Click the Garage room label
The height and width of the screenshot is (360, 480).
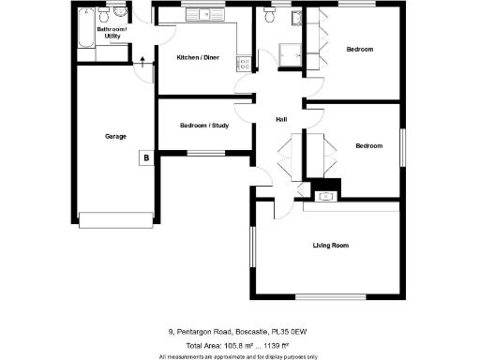click(115, 136)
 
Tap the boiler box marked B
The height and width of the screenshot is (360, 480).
click(146, 158)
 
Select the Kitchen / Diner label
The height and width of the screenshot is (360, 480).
click(199, 58)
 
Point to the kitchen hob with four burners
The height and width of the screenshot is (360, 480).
click(245, 64)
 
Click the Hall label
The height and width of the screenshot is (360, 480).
click(280, 119)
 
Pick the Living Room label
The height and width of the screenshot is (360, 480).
click(331, 246)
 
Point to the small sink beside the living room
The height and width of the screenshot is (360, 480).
click(325, 196)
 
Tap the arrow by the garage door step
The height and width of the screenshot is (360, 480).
click(142, 63)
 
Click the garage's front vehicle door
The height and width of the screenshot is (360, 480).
click(115, 220)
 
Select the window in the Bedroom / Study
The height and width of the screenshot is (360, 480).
click(205, 152)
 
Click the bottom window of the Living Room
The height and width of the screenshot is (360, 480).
click(330, 297)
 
